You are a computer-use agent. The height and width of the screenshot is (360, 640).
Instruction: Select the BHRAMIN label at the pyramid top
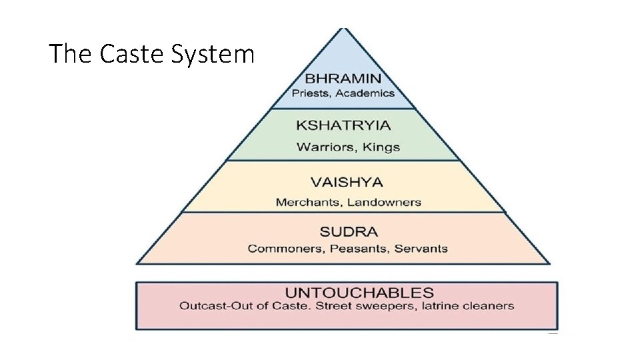(343, 79)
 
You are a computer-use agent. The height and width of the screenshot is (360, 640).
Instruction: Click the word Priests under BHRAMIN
(311, 93)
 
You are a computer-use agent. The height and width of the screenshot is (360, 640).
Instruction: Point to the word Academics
(365, 93)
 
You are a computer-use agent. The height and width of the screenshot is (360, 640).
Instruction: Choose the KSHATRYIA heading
(343, 125)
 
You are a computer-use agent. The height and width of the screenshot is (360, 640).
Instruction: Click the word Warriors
(325, 147)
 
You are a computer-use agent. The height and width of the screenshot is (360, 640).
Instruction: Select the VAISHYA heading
(347, 181)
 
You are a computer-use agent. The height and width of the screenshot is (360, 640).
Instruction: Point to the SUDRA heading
(349, 232)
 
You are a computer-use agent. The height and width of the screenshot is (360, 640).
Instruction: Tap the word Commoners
(279, 249)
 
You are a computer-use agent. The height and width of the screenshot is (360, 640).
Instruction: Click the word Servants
(421, 249)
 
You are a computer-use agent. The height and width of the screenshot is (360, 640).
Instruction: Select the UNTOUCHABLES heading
(359, 293)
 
